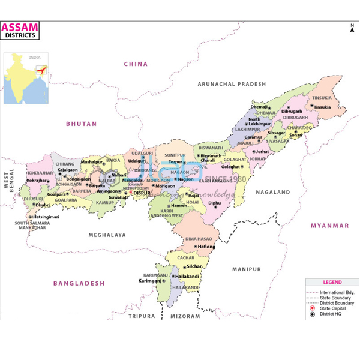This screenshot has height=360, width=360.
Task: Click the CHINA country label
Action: tap(136, 64)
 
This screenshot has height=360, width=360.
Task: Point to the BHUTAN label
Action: tap(81, 124)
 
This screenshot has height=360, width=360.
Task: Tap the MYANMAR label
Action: tap(329, 226)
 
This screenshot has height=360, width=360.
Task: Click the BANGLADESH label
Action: tap(79, 283)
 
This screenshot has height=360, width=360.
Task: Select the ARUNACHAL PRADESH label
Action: tap(232, 85)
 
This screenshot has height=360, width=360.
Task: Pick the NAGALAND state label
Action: tap(273, 193)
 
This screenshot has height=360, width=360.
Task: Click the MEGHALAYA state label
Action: tap(107, 235)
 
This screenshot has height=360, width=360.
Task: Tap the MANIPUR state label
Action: tap(247, 269)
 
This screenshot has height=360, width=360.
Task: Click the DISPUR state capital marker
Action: tap(132, 193)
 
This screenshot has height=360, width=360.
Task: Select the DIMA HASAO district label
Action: tap(200, 239)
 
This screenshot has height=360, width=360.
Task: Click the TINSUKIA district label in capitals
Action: tap(322, 98)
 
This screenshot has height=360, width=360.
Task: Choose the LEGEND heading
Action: tap(332, 282)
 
